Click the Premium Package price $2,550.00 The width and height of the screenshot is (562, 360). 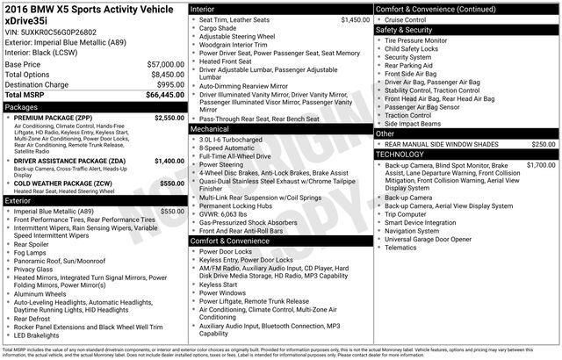click(x=168, y=117)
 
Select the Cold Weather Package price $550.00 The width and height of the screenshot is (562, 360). click(x=170, y=182)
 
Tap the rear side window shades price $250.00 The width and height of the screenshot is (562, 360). click(x=543, y=144)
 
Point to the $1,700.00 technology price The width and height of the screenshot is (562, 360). click(x=540, y=165)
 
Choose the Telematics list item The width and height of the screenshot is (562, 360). click(x=406, y=248)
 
